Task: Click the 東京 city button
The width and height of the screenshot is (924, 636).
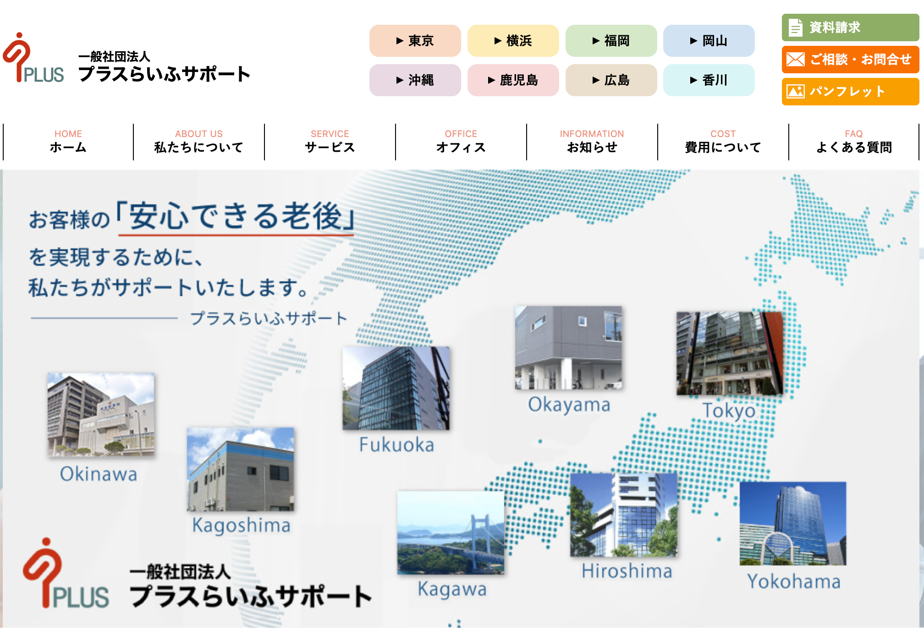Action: click(x=415, y=41)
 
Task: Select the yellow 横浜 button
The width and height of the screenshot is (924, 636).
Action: click(x=513, y=41)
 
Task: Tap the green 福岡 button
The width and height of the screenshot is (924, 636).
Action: click(x=611, y=41)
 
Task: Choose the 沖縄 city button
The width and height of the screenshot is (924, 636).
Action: click(x=415, y=80)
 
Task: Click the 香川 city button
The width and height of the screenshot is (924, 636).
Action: click(x=709, y=80)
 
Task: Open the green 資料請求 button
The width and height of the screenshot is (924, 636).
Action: click(x=850, y=27)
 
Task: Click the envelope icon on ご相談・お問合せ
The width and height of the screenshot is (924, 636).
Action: click(x=795, y=59)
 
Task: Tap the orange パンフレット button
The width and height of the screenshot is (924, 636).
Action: click(x=850, y=92)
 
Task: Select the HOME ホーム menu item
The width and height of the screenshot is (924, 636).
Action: click(x=68, y=142)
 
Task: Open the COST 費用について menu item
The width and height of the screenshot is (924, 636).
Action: click(x=723, y=142)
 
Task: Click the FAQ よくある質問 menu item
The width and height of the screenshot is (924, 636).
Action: click(x=853, y=142)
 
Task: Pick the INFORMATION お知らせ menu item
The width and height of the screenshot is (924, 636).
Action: click(x=592, y=142)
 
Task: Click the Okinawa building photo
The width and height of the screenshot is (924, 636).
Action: click(x=101, y=414)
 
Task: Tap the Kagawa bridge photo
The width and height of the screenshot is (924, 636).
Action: click(x=451, y=532)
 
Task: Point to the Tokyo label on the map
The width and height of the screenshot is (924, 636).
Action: click(x=729, y=410)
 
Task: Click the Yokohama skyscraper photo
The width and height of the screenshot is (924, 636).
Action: click(x=793, y=523)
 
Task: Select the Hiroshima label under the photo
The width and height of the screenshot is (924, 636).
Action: click(x=627, y=571)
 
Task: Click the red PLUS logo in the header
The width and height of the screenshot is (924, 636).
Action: click(x=33, y=58)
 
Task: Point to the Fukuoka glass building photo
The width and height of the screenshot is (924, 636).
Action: click(x=396, y=388)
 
